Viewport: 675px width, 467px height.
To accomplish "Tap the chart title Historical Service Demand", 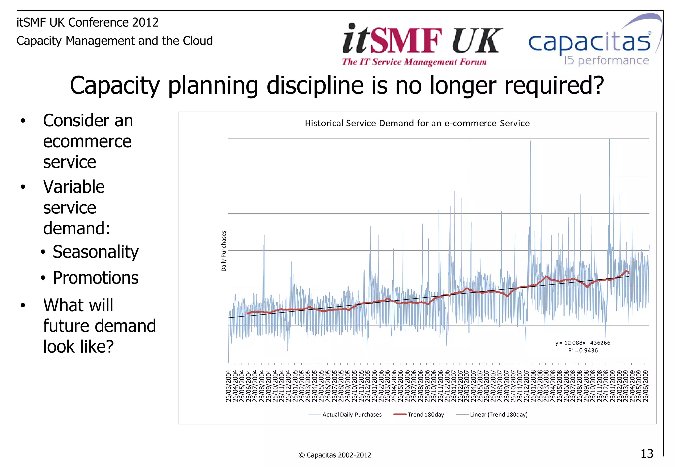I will click(417, 123).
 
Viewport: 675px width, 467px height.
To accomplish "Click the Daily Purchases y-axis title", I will click(224, 251).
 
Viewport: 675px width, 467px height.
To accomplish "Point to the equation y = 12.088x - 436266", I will click(583, 343).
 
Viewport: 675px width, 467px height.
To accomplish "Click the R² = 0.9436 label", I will click(583, 351).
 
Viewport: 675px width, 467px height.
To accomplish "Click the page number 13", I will click(647, 454).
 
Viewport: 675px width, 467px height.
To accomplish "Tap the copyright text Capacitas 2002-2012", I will click(335, 455).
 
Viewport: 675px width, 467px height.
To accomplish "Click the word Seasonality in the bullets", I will click(96, 252).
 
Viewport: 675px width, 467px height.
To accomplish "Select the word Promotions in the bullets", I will click(96, 278).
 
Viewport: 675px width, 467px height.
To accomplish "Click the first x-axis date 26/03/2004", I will click(228, 386).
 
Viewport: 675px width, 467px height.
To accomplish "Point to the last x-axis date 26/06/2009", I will click(646, 386).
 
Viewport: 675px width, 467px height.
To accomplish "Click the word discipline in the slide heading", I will click(314, 86).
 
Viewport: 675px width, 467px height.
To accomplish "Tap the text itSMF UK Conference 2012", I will click(88, 22).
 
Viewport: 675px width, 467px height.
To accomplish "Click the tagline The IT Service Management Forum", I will click(414, 62).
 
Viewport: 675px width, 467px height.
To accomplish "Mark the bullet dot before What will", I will click(23, 305).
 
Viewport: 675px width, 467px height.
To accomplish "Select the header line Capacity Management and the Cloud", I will click(115, 41).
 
